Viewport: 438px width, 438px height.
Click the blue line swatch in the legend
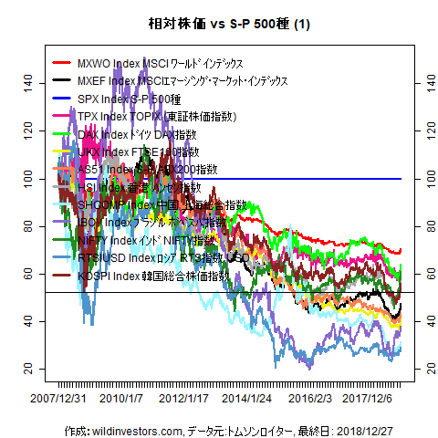pyautogui.click(x=62, y=99)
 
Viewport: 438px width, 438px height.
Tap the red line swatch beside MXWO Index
pyautogui.click(x=62, y=63)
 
